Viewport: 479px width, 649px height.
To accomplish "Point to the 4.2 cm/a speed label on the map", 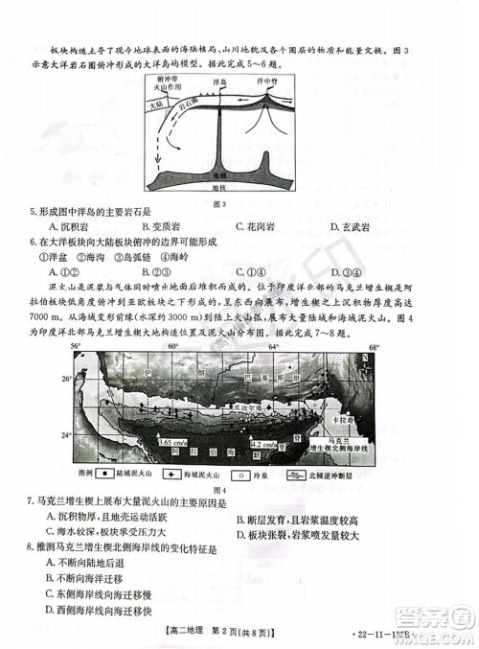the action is pos(262,446).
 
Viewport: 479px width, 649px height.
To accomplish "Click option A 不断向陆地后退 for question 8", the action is pos(81,564).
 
